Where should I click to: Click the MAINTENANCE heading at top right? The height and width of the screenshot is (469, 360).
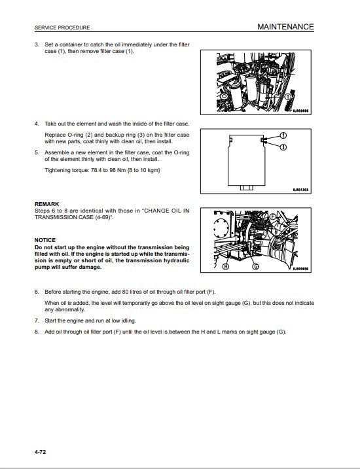pyautogui.click(x=285, y=27)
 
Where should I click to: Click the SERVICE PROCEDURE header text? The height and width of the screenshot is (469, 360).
pyautogui.click(x=62, y=27)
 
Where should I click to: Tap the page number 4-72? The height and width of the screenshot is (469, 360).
pyautogui.click(x=41, y=451)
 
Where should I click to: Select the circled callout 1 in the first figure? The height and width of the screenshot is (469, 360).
pyautogui.click(x=287, y=97)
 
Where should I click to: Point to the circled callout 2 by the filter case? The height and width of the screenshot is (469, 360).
pyautogui.click(x=283, y=135)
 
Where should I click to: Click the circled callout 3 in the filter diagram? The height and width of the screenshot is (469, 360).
pyautogui.click(x=283, y=147)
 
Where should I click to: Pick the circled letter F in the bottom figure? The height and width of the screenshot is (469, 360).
pyautogui.click(x=273, y=217)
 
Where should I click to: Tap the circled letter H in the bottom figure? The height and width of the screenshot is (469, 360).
pyautogui.click(x=226, y=266)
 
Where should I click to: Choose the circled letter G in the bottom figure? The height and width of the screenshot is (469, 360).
pyautogui.click(x=255, y=266)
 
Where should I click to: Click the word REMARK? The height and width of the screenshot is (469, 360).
pyautogui.click(x=46, y=204)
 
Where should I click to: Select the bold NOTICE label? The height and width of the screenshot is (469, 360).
pyautogui.click(x=45, y=240)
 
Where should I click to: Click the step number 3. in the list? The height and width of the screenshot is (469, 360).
pyautogui.click(x=37, y=44)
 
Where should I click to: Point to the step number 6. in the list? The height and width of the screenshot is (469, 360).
pyautogui.click(x=37, y=292)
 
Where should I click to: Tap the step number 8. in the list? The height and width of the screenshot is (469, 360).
pyautogui.click(x=37, y=332)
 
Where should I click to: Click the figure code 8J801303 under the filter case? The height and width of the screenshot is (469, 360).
pyautogui.click(x=300, y=190)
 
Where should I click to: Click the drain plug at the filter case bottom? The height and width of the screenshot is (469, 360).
pyautogui.click(x=247, y=188)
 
